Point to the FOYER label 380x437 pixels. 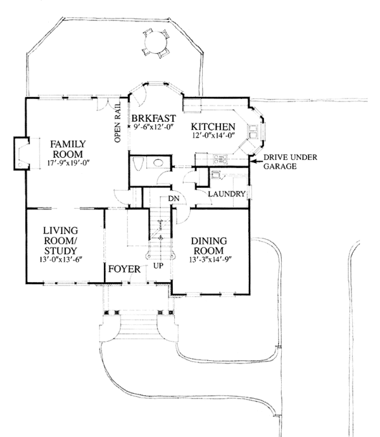point(123,269)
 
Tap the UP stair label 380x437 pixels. point(158,265)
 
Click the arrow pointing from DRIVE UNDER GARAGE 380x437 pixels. point(254,162)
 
